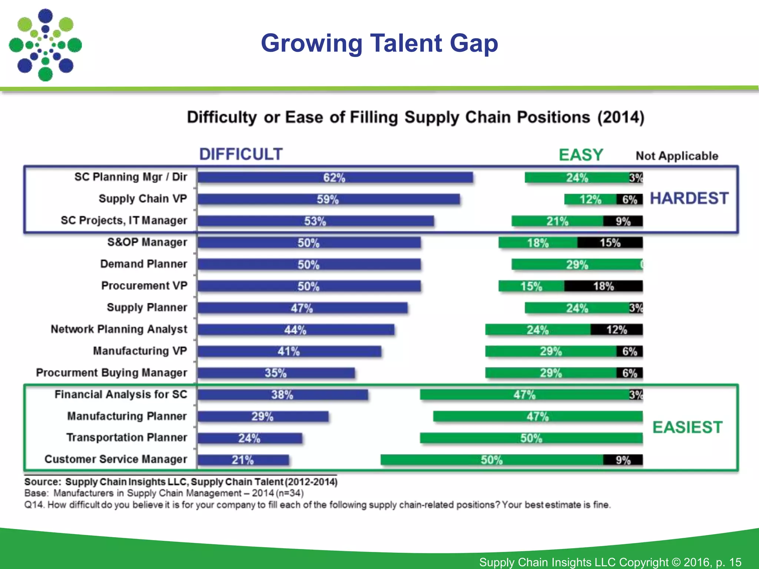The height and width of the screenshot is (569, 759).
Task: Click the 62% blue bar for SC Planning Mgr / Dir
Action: [x=335, y=177]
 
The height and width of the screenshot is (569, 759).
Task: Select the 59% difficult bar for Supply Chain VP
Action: [x=328, y=199]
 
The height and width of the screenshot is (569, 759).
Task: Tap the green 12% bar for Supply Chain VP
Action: [x=590, y=199]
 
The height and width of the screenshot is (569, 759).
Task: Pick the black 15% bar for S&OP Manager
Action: [x=610, y=243]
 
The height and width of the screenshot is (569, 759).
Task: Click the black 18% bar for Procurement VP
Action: [x=603, y=286]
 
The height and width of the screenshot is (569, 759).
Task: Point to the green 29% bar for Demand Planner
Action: [x=577, y=264]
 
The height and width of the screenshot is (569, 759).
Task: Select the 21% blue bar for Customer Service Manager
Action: [x=243, y=460]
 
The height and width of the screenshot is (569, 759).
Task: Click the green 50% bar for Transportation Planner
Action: [x=531, y=438]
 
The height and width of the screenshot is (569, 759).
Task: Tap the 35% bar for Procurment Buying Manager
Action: [x=276, y=373]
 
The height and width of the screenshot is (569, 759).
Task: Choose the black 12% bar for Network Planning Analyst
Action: [x=616, y=329]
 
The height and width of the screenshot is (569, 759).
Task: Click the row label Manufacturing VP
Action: [x=140, y=351]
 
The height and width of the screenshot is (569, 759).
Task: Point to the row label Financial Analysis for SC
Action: [x=121, y=394]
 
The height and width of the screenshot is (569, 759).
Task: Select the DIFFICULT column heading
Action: [x=241, y=154]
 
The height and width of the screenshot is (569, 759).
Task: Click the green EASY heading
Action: [x=581, y=154]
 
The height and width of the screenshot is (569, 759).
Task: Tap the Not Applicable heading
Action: [x=677, y=156]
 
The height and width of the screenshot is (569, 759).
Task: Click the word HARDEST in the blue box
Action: [x=689, y=199]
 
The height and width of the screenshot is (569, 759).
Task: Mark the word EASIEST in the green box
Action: [x=687, y=427]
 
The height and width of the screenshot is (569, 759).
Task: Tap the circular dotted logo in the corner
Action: [x=45, y=45]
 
